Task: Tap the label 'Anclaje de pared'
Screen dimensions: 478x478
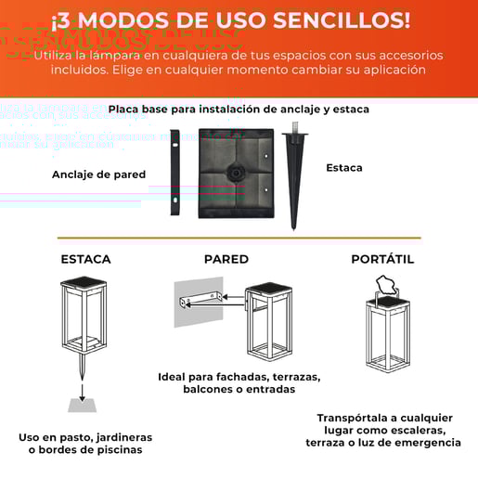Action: (98, 174)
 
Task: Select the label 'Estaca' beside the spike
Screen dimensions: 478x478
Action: (343, 168)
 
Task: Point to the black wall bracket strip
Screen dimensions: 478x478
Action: (174, 172)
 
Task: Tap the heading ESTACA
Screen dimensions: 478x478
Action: (85, 259)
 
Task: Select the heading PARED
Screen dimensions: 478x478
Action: (226, 259)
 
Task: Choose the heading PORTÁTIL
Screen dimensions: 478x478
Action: (382, 259)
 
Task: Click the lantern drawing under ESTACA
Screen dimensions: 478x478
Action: (84, 320)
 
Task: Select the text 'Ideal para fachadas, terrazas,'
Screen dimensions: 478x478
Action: (239, 378)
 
